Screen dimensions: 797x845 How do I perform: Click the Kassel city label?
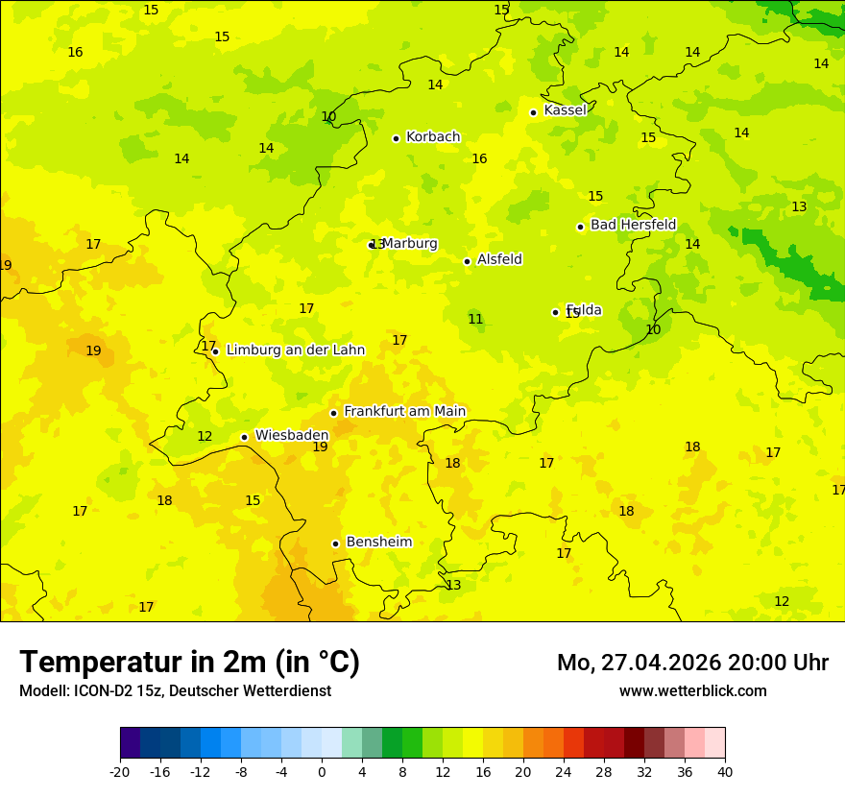click(x=565, y=110)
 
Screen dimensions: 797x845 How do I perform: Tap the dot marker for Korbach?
click(x=396, y=138)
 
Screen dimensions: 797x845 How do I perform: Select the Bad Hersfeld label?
click(x=633, y=225)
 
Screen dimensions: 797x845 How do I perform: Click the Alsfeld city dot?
click(x=467, y=261)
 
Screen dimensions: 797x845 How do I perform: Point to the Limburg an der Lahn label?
click(x=295, y=350)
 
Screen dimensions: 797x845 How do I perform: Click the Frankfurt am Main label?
click(x=404, y=411)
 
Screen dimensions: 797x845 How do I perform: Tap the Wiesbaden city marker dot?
click(x=244, y=437)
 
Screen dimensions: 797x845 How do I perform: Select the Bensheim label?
click(x=378, y=542)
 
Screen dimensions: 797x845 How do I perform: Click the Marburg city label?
click(x=410, y=243)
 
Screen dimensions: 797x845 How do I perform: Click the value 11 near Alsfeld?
click(x=475, y=319)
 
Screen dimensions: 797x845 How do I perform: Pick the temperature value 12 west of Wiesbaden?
click(x=205, y=436)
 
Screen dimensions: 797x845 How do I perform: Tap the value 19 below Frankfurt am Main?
click(x=320, y=447)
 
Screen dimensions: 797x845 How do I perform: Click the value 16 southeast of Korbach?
click(x=479, y=158)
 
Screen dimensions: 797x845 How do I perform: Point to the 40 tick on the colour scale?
click(x=724, y=771)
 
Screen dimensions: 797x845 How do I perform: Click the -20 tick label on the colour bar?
click(x=120, y=771)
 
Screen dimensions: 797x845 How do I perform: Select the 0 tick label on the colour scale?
click(x=322, y=771)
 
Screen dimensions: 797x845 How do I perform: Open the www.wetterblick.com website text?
click(x=692, y=690)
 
